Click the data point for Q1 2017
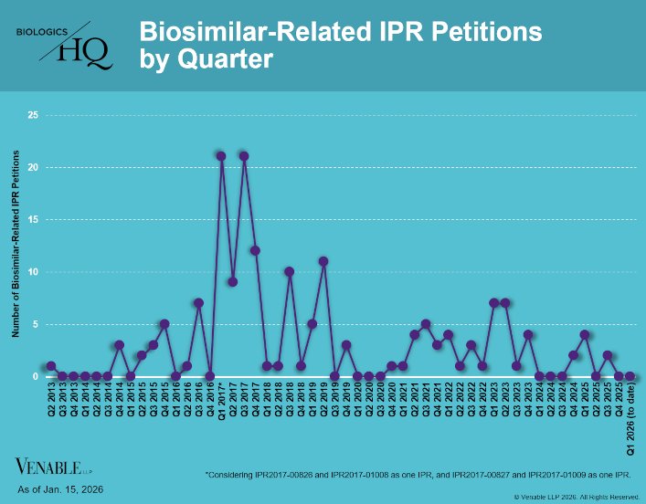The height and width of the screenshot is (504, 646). click(221, 156)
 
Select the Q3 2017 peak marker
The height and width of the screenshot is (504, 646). click(244, 156)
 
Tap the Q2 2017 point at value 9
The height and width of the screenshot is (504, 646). click(233, 281)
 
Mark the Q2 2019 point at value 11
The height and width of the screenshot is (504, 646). click(323, 261)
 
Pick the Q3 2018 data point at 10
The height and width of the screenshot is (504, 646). click(290, 271)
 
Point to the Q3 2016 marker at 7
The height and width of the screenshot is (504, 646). click(198, 302)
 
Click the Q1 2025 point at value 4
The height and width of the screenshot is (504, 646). click(585, 334)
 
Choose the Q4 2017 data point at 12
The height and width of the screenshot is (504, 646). click(255, 250)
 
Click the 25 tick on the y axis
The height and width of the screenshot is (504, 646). click(33, 115)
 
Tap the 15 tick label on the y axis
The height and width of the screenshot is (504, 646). click(33, 220)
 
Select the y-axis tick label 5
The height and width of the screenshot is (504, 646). click(36, 324)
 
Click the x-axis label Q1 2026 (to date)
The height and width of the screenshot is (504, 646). click(630, 419)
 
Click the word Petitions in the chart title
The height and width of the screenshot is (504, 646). click(493, 32)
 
